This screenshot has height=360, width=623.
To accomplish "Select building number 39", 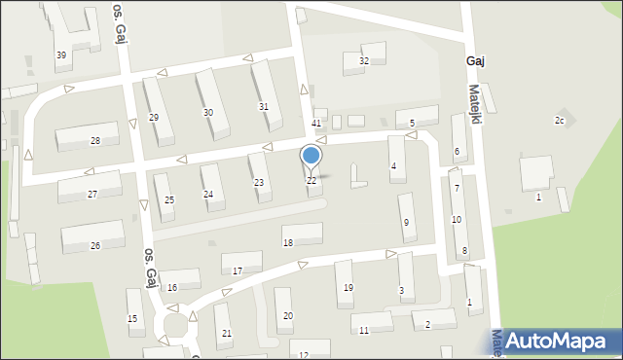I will click(61, 54).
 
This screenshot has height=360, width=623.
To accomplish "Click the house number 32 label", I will click(364, 60).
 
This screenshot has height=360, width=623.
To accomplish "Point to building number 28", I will click(94, 141).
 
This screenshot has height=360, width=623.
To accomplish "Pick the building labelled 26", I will click(94, 245).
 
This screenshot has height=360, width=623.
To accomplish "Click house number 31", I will click(263, 106).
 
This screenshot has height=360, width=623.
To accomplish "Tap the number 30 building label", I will click(208, 113).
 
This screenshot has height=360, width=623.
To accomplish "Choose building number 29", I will click(153, 117).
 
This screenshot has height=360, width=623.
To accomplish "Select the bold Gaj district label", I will click(476, 60).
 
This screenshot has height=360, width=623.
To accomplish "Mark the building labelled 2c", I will click(559, 120).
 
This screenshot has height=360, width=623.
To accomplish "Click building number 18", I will click(287, 242).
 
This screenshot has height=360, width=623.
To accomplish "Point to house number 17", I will click(238, 270).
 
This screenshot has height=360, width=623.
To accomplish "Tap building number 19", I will click(348, 287).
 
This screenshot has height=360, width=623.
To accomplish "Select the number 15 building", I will click(132, 319).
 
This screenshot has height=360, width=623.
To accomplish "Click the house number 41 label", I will click(316, 124).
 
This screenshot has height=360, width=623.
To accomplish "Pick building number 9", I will click(406, 223).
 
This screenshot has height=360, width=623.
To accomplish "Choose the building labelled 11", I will click(363, 331).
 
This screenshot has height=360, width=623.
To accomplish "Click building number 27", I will click(92, 194).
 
